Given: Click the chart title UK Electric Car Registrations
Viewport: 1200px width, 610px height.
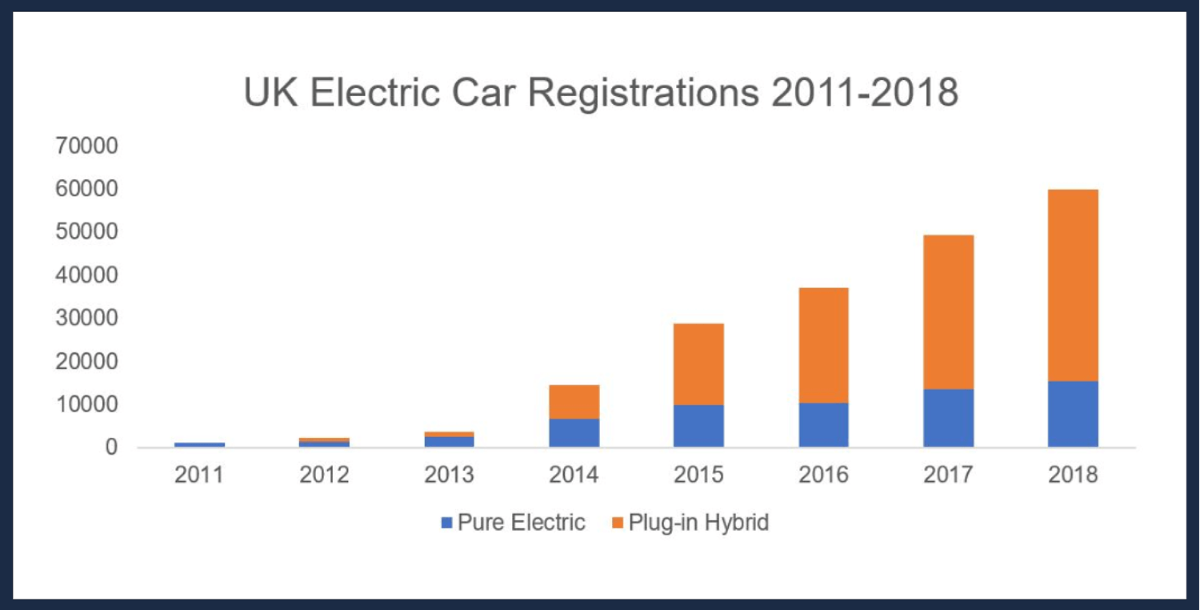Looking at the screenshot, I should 601,94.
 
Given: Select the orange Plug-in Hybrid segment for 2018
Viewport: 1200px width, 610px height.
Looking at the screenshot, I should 1073,285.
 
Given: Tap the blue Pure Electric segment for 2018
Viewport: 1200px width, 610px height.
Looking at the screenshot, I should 1073,414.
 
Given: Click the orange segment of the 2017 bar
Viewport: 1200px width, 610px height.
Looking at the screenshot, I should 948,312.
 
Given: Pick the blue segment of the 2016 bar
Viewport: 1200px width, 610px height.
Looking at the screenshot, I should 823,424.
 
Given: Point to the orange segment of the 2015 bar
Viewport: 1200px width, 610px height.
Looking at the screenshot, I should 698,364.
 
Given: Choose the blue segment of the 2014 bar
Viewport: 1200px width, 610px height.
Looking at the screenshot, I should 574,432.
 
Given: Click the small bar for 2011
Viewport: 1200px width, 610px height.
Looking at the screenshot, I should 199,444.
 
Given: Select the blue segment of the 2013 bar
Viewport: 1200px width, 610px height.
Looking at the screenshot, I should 449,441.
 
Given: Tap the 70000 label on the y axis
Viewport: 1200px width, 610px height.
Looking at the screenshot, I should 86,146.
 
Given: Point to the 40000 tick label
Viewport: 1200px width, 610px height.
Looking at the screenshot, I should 86,276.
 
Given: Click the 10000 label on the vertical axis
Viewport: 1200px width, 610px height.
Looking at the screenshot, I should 86,405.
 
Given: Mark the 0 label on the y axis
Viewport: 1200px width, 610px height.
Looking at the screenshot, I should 112,448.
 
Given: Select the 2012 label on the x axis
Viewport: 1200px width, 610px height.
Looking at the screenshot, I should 324,476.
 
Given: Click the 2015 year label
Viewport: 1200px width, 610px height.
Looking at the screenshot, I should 698,476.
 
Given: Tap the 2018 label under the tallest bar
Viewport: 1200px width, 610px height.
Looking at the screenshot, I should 1073,476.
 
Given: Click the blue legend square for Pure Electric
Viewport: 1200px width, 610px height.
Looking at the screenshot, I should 446,524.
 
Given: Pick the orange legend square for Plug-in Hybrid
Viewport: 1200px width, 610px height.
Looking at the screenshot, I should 618,524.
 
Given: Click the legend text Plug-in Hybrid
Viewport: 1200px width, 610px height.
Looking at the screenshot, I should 698,524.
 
